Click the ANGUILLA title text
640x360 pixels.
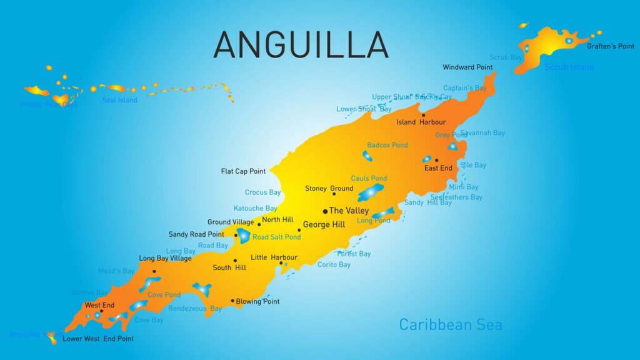pos(301,44)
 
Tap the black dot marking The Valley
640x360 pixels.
pos(325,211)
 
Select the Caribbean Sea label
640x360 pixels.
pos(450,325)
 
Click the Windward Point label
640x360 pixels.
pos(467,67)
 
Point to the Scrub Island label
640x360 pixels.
pos(569,67)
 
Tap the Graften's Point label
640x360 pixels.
pos(610,46)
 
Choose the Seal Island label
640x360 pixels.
pos(119,101)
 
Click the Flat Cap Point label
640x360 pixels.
pos(243,171)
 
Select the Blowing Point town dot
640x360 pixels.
pos(232,301)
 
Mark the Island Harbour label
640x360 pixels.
pos(421,122)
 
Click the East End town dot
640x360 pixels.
pos(436,160)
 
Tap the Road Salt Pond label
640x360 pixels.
pos(276,237)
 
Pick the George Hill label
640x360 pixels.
pos(324,224)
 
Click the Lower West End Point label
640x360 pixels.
pos(98,339)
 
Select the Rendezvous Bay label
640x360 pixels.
pos(195,309)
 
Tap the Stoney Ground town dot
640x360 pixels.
pos(334,194)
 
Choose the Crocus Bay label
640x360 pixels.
pos(262,192)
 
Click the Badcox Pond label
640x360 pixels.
pos(387,146)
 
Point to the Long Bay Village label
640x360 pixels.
pos(165,258)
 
